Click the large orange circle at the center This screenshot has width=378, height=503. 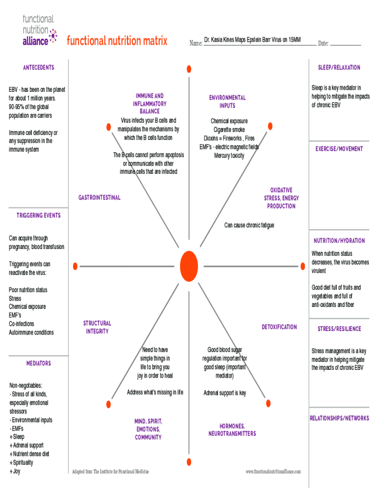pos(189,265)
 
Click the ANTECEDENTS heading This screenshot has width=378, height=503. pos(38,67)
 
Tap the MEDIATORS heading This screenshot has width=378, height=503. pos(39,363)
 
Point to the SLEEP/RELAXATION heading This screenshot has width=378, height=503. pos(339,67)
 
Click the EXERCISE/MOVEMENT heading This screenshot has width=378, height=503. pos(339,148)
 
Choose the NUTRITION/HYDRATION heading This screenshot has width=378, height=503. pos(339,241)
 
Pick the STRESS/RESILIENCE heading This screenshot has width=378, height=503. pos(339,329)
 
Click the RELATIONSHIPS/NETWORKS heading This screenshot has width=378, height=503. pos(339,418)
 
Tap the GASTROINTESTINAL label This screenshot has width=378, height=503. pos(99,197)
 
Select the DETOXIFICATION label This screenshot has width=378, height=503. pos(279,327)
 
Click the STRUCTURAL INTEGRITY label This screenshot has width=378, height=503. pos(97,327)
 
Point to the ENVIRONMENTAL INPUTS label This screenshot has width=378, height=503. pos(227,102)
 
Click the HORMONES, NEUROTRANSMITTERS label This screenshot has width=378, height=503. pos(232,430)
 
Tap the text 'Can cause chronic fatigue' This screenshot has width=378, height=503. pos(249,225)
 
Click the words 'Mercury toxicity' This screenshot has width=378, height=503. pos(229,156)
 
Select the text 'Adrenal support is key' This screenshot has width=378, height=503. pos(225,393)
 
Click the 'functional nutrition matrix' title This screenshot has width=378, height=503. pos(117,41)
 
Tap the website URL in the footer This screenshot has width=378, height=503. pos(273,472)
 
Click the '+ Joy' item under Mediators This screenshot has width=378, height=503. pos(15,471)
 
